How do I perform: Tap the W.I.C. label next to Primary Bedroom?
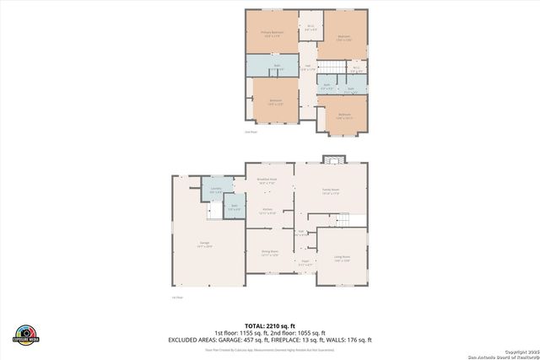(311, 26)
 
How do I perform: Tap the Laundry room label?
(215, 189)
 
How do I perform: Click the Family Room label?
(328, 191)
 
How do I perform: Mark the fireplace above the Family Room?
(335, 159)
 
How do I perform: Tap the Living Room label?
(341, 258)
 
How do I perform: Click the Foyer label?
(304, 263)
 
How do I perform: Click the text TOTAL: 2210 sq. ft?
(269, 325)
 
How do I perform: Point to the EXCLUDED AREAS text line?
(269, 340)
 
